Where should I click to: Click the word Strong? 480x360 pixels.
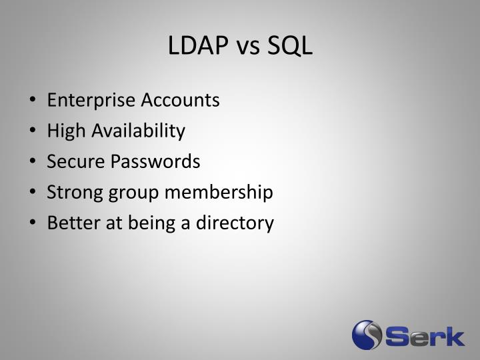(71, 193)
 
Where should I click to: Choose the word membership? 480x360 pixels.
(219, 193)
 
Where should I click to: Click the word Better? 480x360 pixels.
(70, 223)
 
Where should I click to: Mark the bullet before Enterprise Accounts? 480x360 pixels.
(33, 101)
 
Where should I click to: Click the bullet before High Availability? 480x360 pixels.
(33, 132)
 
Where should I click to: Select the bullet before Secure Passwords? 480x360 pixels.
(33, 163)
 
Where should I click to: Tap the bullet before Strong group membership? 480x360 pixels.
(33, 193)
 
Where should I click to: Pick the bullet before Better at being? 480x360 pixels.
(33, 224)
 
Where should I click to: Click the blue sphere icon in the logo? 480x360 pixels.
(367, 335)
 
